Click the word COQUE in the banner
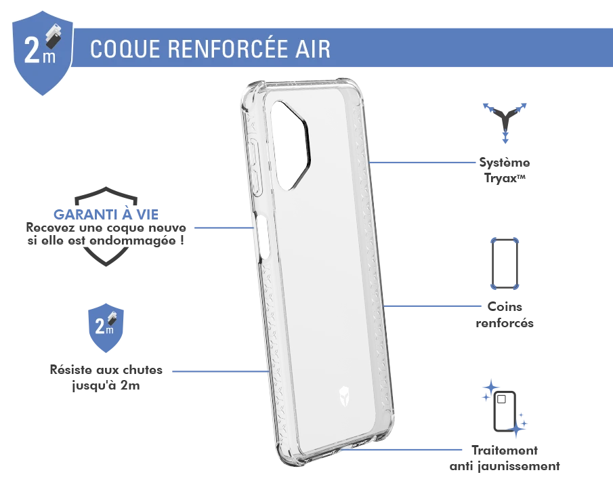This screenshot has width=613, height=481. [x=125, y=49]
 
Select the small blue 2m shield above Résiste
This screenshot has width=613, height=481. [x=106, y=328]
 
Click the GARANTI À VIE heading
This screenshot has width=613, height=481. [x=106, y=214]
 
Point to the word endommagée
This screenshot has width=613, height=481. [x=133, y=240]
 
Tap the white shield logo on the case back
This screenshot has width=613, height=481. [x=343, y=396]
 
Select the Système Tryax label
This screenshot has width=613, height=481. [x=505, y=170]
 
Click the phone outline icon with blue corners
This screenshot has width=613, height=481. [x=505, y=263]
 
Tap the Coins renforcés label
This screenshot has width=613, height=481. [x=505, y=315]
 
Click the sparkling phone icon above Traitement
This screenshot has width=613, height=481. [x=505, y=409]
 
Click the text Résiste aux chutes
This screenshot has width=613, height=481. [x=106, y=370]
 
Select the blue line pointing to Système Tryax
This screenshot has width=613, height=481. [x=422, y=163]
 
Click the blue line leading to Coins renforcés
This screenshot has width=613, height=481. [x=432, y=306]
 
